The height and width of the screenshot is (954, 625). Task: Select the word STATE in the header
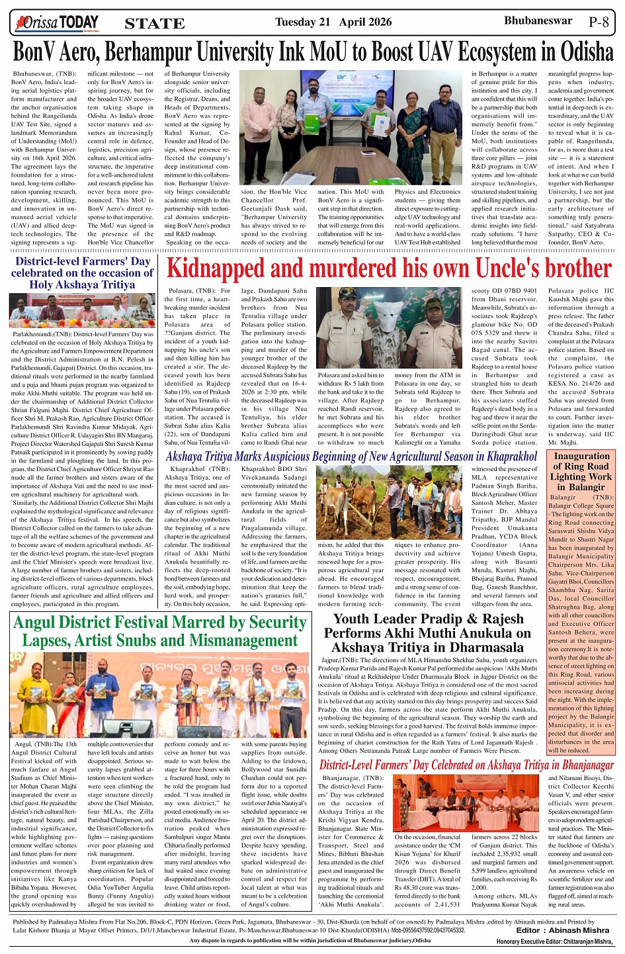[155, 24]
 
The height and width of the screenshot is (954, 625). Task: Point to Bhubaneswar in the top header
[538, 21]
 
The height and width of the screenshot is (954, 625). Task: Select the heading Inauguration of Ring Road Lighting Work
[581, 471]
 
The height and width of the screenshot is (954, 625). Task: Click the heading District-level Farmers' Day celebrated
[82, 273]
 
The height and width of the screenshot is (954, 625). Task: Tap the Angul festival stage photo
[159, 695]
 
